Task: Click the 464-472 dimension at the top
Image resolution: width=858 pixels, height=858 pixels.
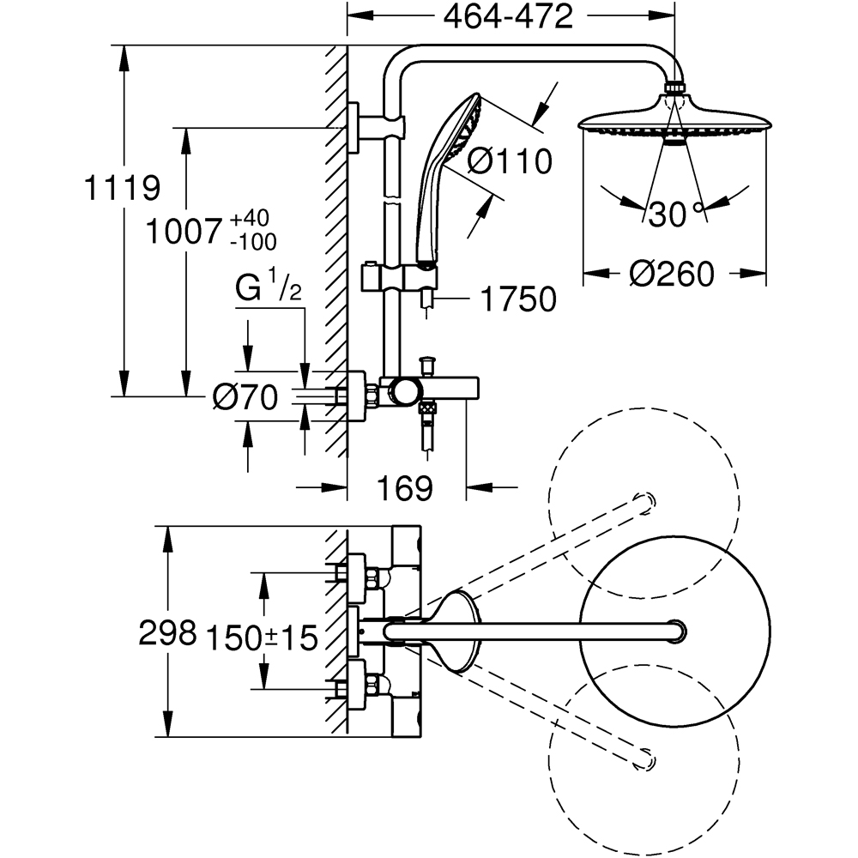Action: pyautogui.click(x=508, y=17)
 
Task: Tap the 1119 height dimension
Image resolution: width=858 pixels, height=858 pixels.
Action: pyautogui.click(x=122, y=188)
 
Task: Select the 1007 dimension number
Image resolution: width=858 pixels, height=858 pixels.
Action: pyautogui.click(x=184, y=232)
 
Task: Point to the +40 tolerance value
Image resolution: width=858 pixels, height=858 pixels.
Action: pyautogui.click(x=250, y=218)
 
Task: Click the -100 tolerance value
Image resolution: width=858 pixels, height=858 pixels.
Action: pyautogui.click(x=253, y=241)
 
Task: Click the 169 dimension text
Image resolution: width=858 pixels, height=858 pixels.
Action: pyautogui.click(x=405, y=487)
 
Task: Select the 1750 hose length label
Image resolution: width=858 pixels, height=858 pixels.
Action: pyautogui.click(x=518, y=299)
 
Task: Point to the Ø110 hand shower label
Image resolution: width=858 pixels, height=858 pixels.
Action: pyautogui.click(x=510, y=161)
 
